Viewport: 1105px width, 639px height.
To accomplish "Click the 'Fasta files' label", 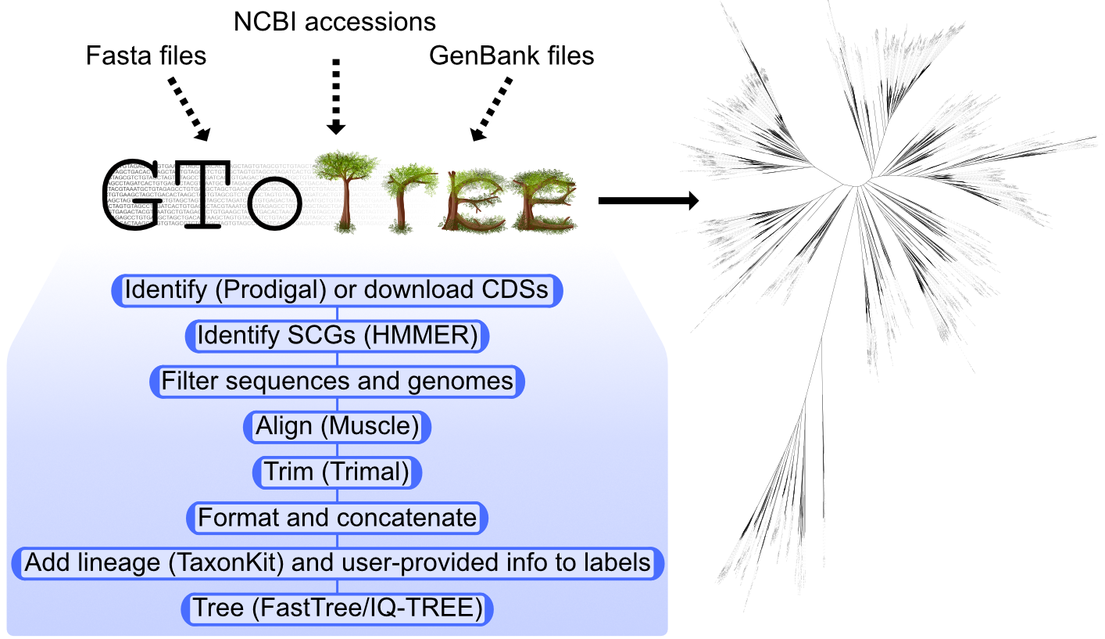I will pos(147,56).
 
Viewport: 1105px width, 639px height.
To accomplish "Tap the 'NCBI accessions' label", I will pos(335,21).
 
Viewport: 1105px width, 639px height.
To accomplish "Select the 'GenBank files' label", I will pos(511,56).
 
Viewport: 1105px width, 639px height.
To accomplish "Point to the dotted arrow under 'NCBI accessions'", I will pos(337,95).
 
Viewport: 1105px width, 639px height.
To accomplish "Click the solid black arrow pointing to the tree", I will pos(647,201).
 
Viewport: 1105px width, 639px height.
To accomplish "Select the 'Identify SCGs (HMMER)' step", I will pos(337,336).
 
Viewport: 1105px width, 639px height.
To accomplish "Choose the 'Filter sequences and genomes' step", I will pos(337,382).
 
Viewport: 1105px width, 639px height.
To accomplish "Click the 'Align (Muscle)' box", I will pos(337,427).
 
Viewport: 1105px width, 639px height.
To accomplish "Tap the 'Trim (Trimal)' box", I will pos(337,472).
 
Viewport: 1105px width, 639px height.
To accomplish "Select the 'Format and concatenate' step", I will pos(337,518).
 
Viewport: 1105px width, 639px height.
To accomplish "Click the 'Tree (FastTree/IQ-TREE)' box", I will pos(337,609).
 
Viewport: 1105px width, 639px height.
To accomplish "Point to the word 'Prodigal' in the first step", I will pos(269,290).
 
